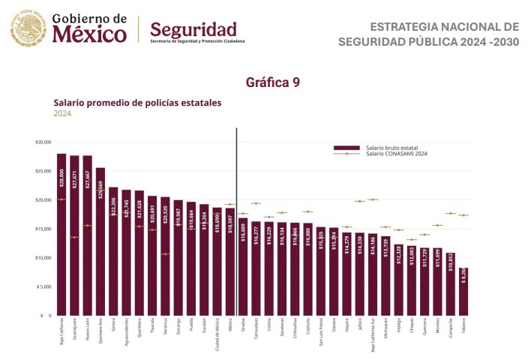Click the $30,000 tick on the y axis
(43, 142)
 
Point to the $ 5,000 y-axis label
(43, 286)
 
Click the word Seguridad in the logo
(193, 29)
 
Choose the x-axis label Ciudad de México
(217, 334)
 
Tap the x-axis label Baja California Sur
(373, 336)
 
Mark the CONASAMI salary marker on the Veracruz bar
(165, 254)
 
